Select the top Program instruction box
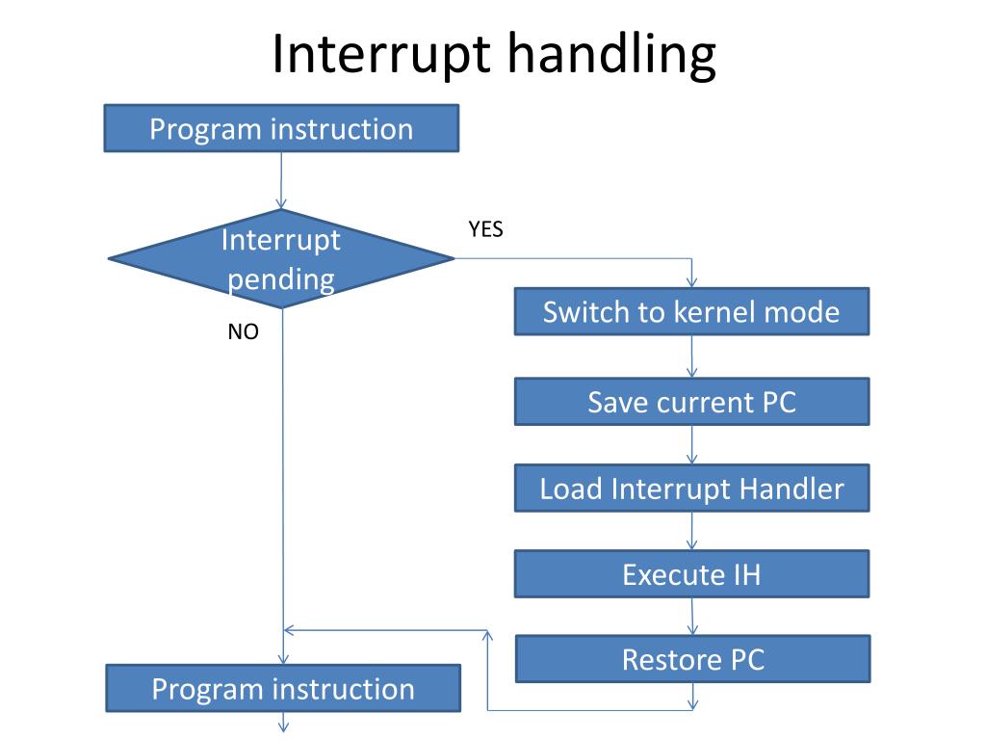coord(281,129)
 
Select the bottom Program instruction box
coord(283,688)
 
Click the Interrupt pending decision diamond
coord(281,259)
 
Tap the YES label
coord(485,229)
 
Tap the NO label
coord(243,332)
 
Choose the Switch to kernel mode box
coord(691,312)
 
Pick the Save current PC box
coord(691,402)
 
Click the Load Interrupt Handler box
coord(691,489)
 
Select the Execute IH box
coord(691,575)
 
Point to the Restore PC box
coord(693,659)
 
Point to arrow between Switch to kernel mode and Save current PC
coord(691,357)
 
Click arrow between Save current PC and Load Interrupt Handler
coord(691,445)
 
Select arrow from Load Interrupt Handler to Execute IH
coord(691,532)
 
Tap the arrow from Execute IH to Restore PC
coord(692,617)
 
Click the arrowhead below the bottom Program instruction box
coord(284,726)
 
